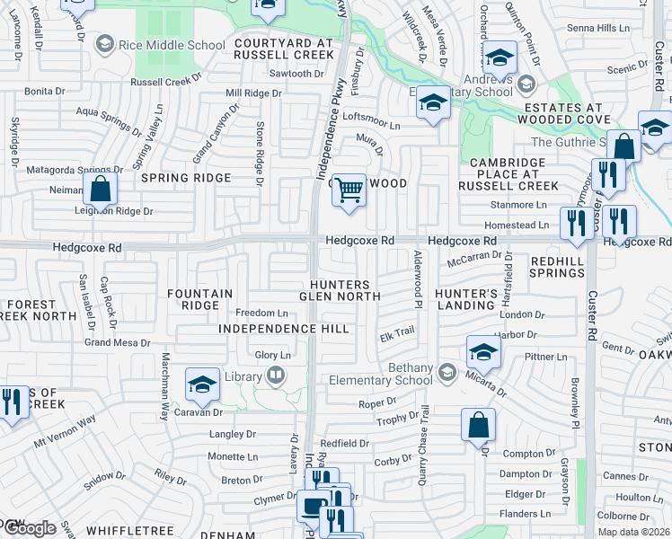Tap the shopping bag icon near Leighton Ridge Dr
click(101, 190)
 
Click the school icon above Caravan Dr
click(203, 386)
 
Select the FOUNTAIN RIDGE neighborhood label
click(200, 299)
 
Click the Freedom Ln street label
click(261, 313)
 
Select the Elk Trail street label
click(396, 331)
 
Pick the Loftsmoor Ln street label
click(371, 117)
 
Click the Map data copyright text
click(633, 532)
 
